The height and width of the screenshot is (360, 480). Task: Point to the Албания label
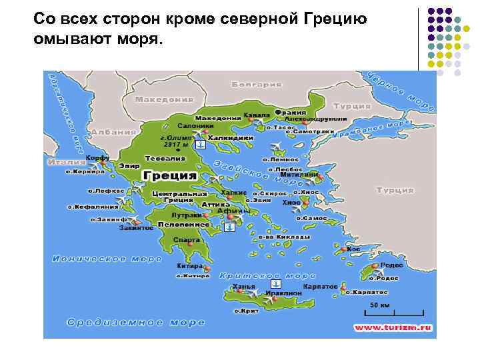(114, 132)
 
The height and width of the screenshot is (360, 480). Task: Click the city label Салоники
(195, 125)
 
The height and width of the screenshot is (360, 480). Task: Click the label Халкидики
(231, 138)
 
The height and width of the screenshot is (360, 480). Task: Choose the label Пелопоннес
(185, 225)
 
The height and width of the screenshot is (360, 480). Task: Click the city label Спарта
(186, 240)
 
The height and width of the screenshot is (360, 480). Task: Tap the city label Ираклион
(279, 293)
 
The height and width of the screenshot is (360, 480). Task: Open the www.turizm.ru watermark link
(393, 327)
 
